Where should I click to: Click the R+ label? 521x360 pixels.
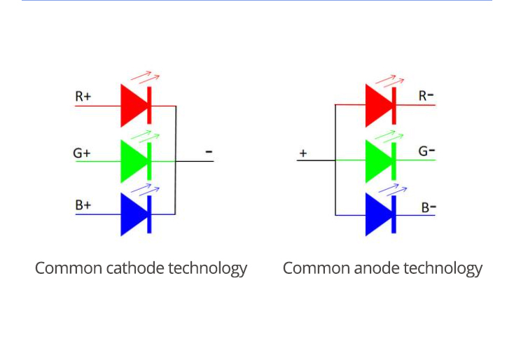point(83,96)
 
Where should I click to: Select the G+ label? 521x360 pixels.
point(82,152)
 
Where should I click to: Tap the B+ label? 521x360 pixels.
point(83,205)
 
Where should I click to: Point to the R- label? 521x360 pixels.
point(426,96)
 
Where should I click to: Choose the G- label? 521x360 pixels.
point(427,151)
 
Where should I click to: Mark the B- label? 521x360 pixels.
point(429,207)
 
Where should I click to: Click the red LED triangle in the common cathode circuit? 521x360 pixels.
point(133,105)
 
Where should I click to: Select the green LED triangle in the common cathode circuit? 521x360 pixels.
point(133,160)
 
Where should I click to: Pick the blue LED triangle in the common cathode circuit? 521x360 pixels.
point(133,214)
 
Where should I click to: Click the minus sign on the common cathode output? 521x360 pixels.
point(209,151)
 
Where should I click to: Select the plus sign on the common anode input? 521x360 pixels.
point(303,153)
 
